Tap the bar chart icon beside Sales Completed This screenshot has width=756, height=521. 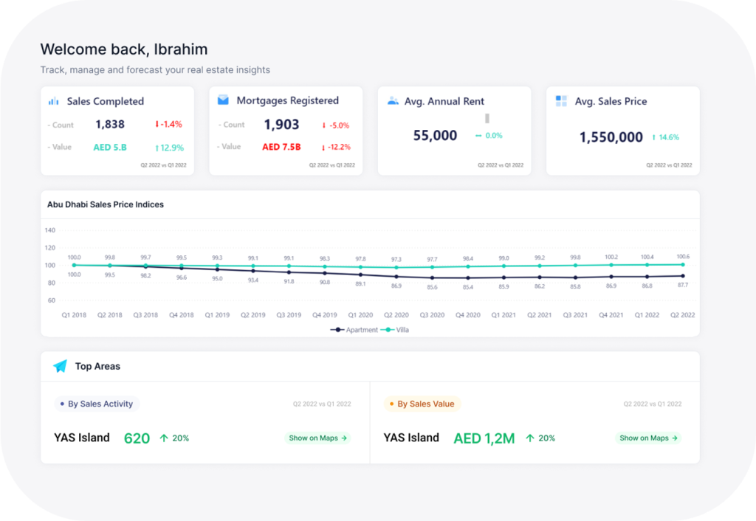click(x=54, y=101)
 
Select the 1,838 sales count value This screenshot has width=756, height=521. click(x=109, y=125)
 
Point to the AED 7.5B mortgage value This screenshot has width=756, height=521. click(x=281, y=147)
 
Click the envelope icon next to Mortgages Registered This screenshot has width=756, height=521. click(x=223, y=100)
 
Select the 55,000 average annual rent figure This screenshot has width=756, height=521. click(x=435, y=136)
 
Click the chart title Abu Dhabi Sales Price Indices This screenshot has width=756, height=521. click(x=106, y=204)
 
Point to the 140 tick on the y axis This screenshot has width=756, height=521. click(x=50, y=230)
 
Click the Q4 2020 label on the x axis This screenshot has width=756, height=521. click(x=467, y=315)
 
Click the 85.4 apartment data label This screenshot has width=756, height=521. click(x=468, y=287)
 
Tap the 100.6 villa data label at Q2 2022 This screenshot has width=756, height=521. click(x=682, y=256)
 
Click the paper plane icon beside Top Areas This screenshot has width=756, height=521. click(x=60, y=366)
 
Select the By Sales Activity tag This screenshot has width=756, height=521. click(x=97, y=404)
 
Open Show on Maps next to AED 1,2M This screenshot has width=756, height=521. click(x=647, y=438)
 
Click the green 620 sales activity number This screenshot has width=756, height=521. click(x=137, y=438)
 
